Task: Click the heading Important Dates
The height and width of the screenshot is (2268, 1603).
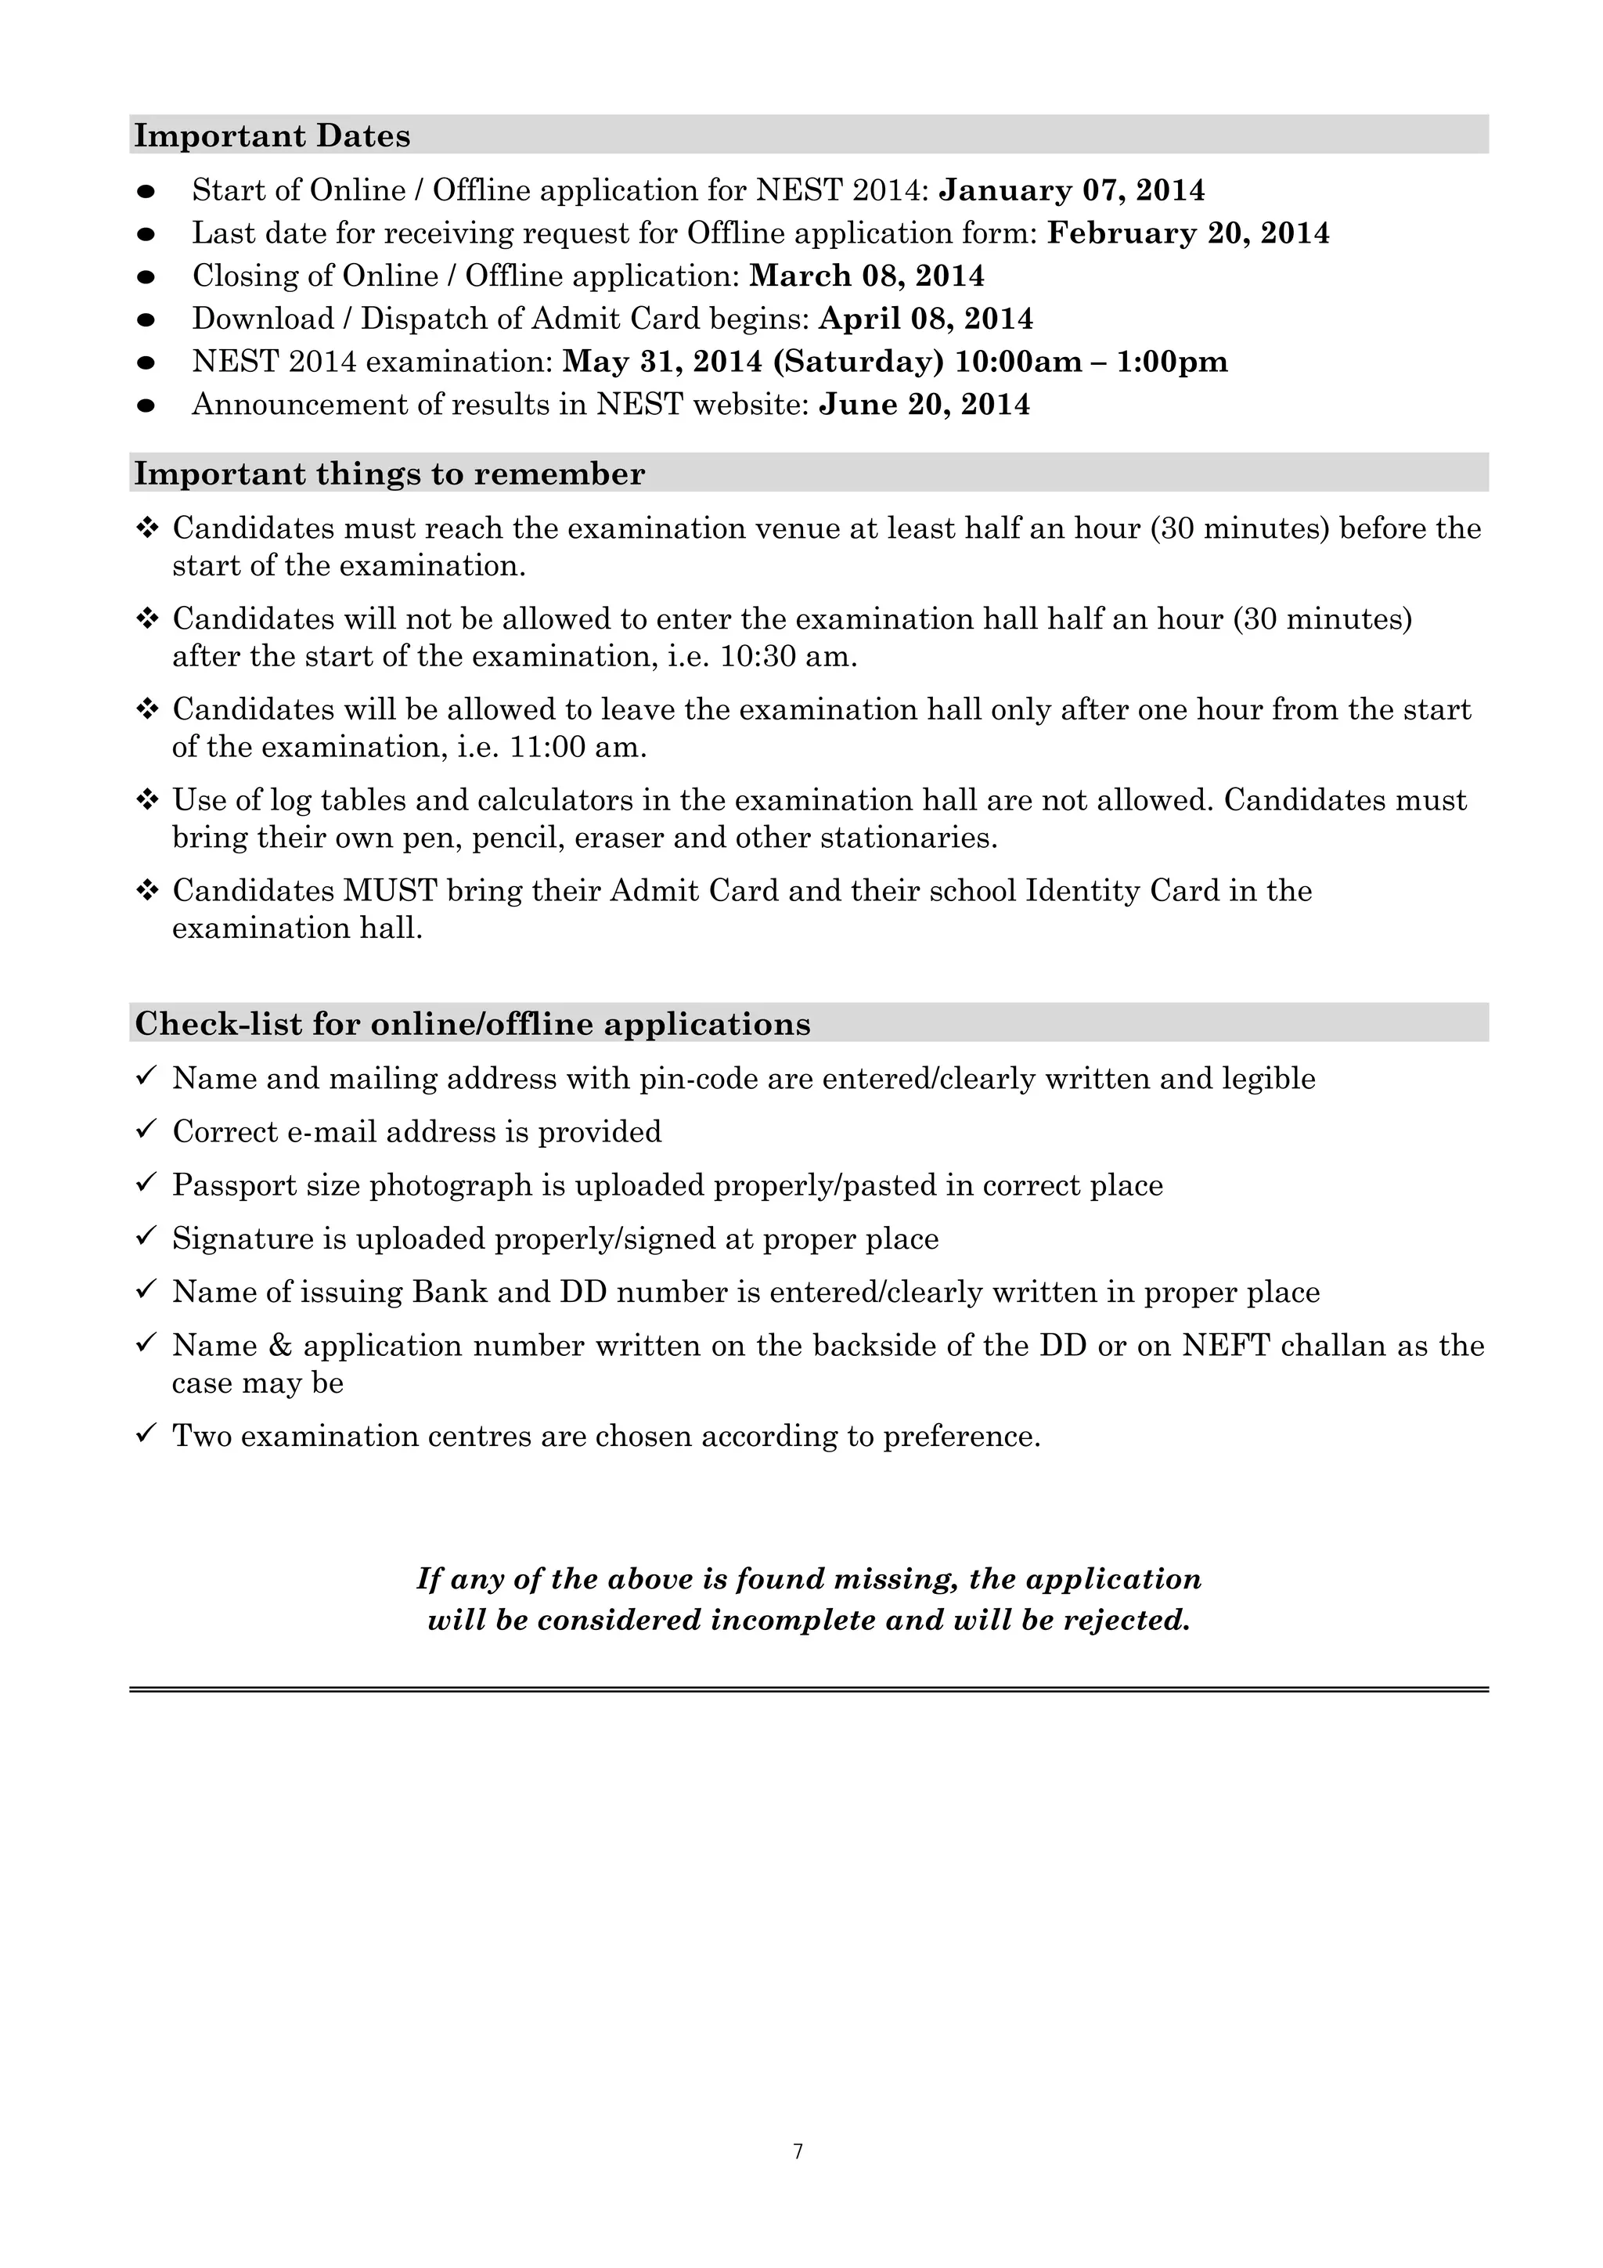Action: click(x=272, y=135)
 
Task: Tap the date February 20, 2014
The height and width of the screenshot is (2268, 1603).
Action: click(x=1187, y=233)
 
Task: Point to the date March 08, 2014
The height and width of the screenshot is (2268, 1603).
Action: click(x=866, y=276)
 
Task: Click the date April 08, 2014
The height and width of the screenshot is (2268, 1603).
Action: click(x=925, y=319)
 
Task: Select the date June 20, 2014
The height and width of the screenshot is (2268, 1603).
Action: click(x=924, y=404)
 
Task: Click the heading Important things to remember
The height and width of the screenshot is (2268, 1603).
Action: click(x=389, y=474)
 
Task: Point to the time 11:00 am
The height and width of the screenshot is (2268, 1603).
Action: click(x=577, y=747)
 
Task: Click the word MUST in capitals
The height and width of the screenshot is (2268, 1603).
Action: click(x=390, y=890)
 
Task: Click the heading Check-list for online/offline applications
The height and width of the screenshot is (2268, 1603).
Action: click(x=472, y=1023)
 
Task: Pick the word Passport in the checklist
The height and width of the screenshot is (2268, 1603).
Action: click(x=230, y=1184)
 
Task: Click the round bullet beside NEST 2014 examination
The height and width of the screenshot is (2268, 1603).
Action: click(x=146, y=362)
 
